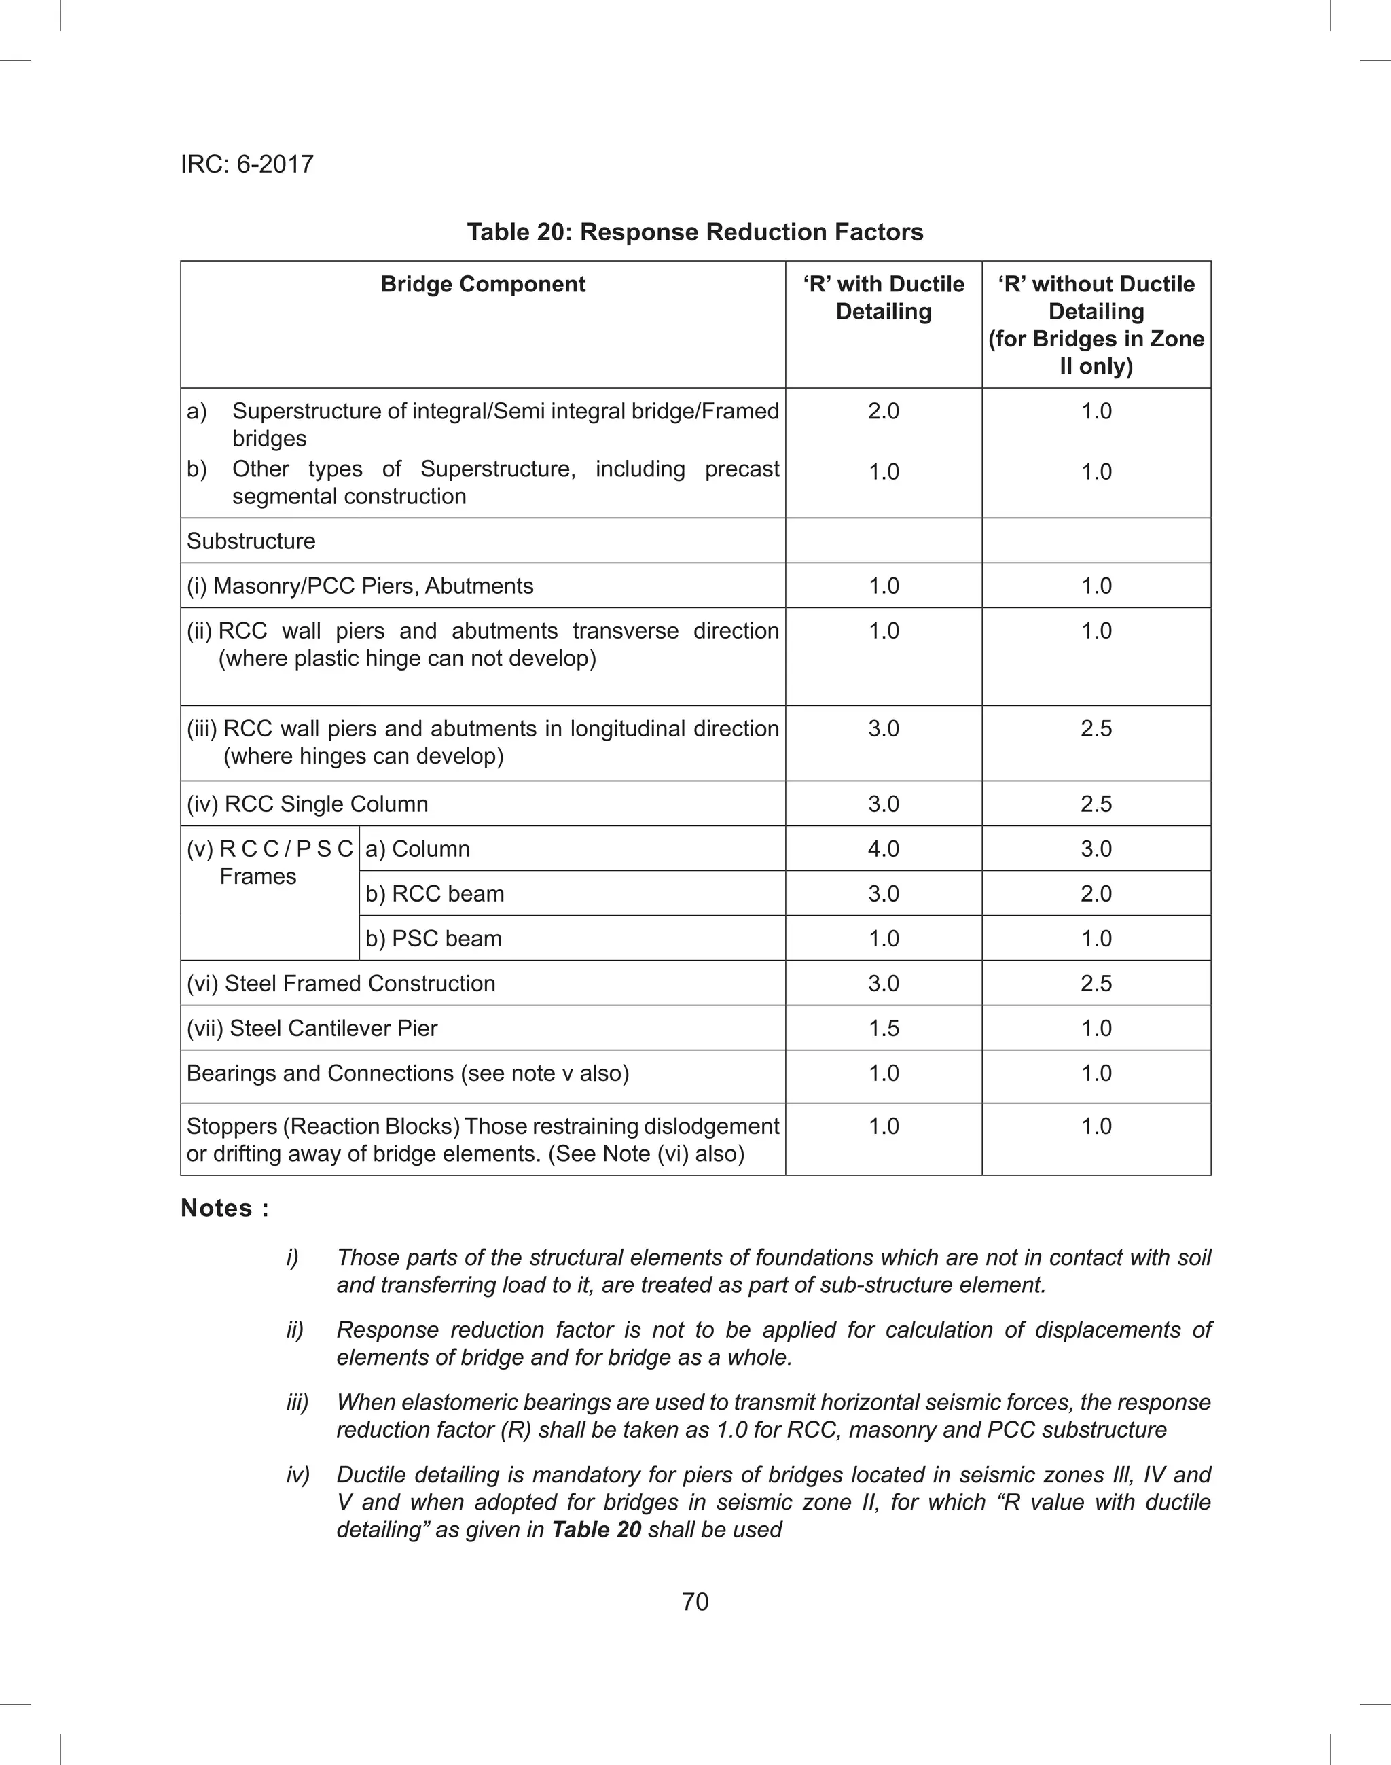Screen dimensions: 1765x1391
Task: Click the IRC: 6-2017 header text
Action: tap(247, 164)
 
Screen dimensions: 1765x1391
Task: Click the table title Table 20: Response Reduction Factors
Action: tap(695, 232)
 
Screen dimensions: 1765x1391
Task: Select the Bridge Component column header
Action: tap(483, 284)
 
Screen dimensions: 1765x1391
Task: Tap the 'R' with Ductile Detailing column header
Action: tap(884, 298)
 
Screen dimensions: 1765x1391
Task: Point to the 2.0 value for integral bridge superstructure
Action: tap(884, 410)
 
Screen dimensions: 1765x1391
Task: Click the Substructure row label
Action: tap(251, 541)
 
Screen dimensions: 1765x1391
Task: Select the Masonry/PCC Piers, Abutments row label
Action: tap(360, 586)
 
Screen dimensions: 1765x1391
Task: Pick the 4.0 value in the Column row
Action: tap(884, 849)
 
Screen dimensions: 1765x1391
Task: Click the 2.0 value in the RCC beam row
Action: tap(1096, 893)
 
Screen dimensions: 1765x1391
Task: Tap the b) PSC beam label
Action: tap(433, 938)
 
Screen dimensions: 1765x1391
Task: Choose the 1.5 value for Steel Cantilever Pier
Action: tap(884, 1028)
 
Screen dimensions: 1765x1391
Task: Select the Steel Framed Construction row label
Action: tap(340, 983)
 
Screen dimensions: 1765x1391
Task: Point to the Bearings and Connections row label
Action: tap(408, 1073)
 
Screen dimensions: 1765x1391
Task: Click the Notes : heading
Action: tap(225, 1208)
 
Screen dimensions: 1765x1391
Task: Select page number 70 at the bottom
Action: tap(695, 1602)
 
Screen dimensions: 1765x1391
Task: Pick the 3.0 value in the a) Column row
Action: tap(1096, 849)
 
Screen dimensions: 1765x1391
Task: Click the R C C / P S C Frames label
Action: tap(270, 863)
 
